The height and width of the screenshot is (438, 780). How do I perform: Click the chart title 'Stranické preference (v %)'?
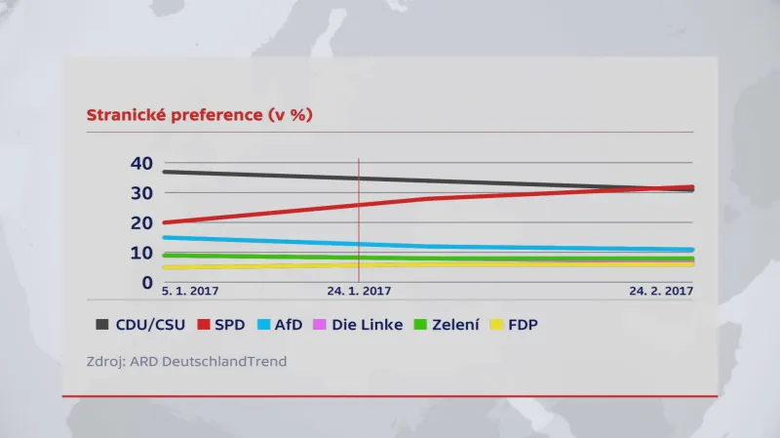pos(199,115)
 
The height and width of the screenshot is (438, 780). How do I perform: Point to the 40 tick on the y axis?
pos(141,163)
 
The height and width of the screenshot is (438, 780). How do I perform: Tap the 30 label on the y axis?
pos(141,193)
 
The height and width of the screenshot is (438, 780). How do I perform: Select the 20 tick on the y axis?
pos(141,223)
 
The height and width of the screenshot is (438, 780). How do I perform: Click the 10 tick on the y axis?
pos(141,254)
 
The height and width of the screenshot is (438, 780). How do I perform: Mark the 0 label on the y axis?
pos(147,283)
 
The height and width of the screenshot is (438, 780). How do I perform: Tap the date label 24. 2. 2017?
pos(660,291)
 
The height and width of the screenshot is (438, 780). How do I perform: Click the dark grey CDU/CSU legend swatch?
pos(102,324)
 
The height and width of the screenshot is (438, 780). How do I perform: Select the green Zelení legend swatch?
pos(420,324)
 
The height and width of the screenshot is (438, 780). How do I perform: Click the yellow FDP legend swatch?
pos(497,324)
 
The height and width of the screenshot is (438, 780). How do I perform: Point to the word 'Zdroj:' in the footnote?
pos(106,361)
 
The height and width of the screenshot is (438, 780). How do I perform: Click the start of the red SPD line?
pos(164,222)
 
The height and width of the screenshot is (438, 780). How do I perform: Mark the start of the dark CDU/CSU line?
pos(164,172)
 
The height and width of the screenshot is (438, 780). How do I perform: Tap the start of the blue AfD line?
pos(164,237)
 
